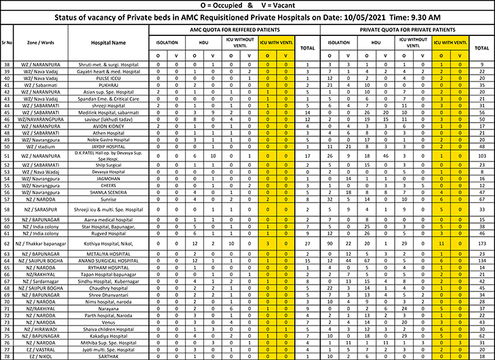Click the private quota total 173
[x=482, y=242]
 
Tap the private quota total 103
[x=482, y=156]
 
